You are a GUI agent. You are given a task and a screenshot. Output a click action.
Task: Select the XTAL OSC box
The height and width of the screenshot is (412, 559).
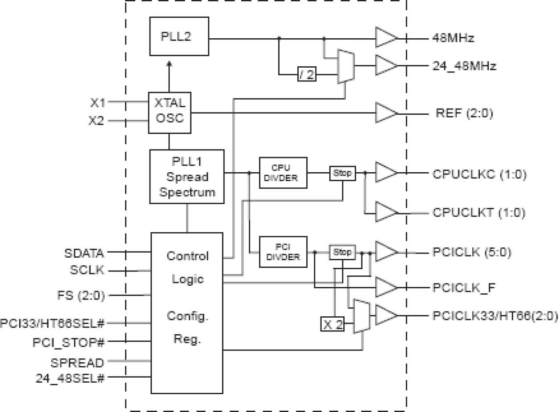[169, 113]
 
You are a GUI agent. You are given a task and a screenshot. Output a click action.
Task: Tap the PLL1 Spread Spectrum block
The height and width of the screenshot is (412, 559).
[187, 177]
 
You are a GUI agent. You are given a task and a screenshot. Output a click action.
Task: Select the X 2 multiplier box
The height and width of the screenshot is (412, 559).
[332, 325]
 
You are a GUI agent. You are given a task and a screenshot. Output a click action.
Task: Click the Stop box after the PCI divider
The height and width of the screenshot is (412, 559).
[342, 253]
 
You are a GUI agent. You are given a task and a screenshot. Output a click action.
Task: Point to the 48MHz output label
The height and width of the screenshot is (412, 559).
[453, 38]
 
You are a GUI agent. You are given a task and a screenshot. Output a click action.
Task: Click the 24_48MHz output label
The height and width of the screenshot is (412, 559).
[464, 67]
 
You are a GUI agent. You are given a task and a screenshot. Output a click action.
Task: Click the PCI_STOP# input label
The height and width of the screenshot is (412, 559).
[69, 342]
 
